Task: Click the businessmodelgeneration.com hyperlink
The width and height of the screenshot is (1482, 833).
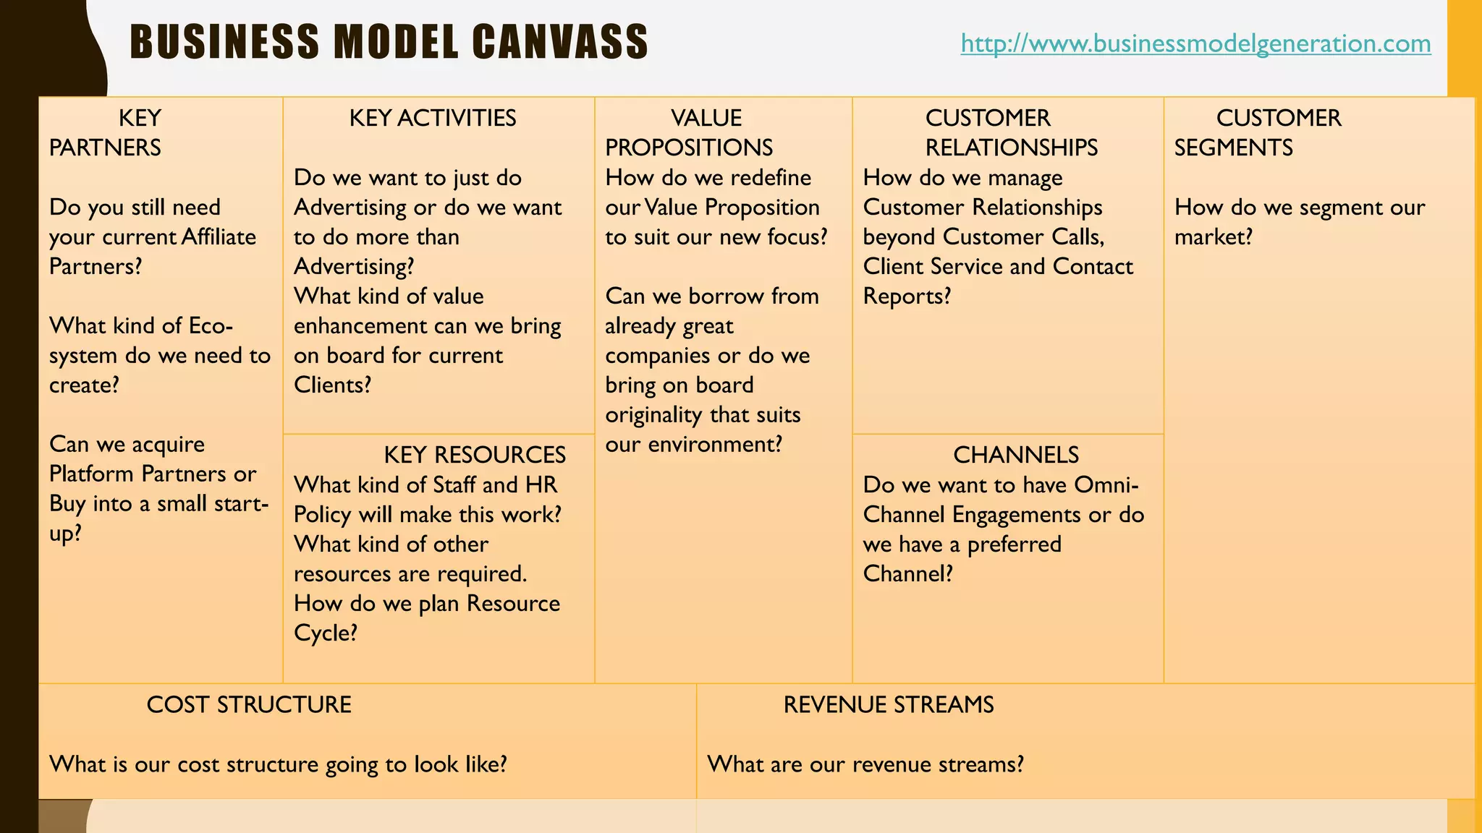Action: point(1195,43)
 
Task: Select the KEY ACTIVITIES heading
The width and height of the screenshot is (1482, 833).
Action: point(433,118)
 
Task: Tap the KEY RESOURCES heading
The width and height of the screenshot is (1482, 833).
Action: point(475,455)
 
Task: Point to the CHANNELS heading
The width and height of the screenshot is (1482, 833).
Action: point(1015,455)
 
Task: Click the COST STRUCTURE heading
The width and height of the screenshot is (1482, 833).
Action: point(249,704)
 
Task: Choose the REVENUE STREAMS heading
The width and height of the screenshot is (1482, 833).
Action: point(889,704)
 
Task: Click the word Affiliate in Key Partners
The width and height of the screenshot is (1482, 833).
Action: point(219,237)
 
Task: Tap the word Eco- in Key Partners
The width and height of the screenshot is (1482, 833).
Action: point(211,326)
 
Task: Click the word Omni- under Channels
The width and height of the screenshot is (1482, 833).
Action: point(1106,484)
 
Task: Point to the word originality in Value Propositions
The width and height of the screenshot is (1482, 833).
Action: point(653,415)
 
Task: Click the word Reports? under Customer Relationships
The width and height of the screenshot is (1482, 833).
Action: point(907,296)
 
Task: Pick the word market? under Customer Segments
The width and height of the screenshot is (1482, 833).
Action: point(1213,237)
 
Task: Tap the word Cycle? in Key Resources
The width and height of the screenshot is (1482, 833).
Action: point(326,633)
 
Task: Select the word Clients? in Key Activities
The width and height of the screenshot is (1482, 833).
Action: point(332,385)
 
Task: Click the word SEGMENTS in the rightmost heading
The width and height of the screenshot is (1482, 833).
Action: point(1233,148)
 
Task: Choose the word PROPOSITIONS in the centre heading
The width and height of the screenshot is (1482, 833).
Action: point(689,148)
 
